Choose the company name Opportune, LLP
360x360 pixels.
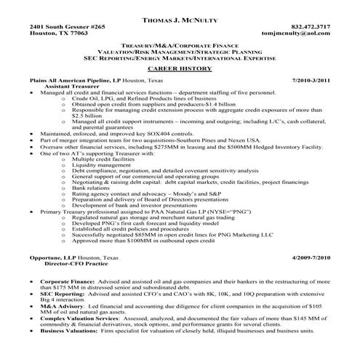[x=52, y=258]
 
